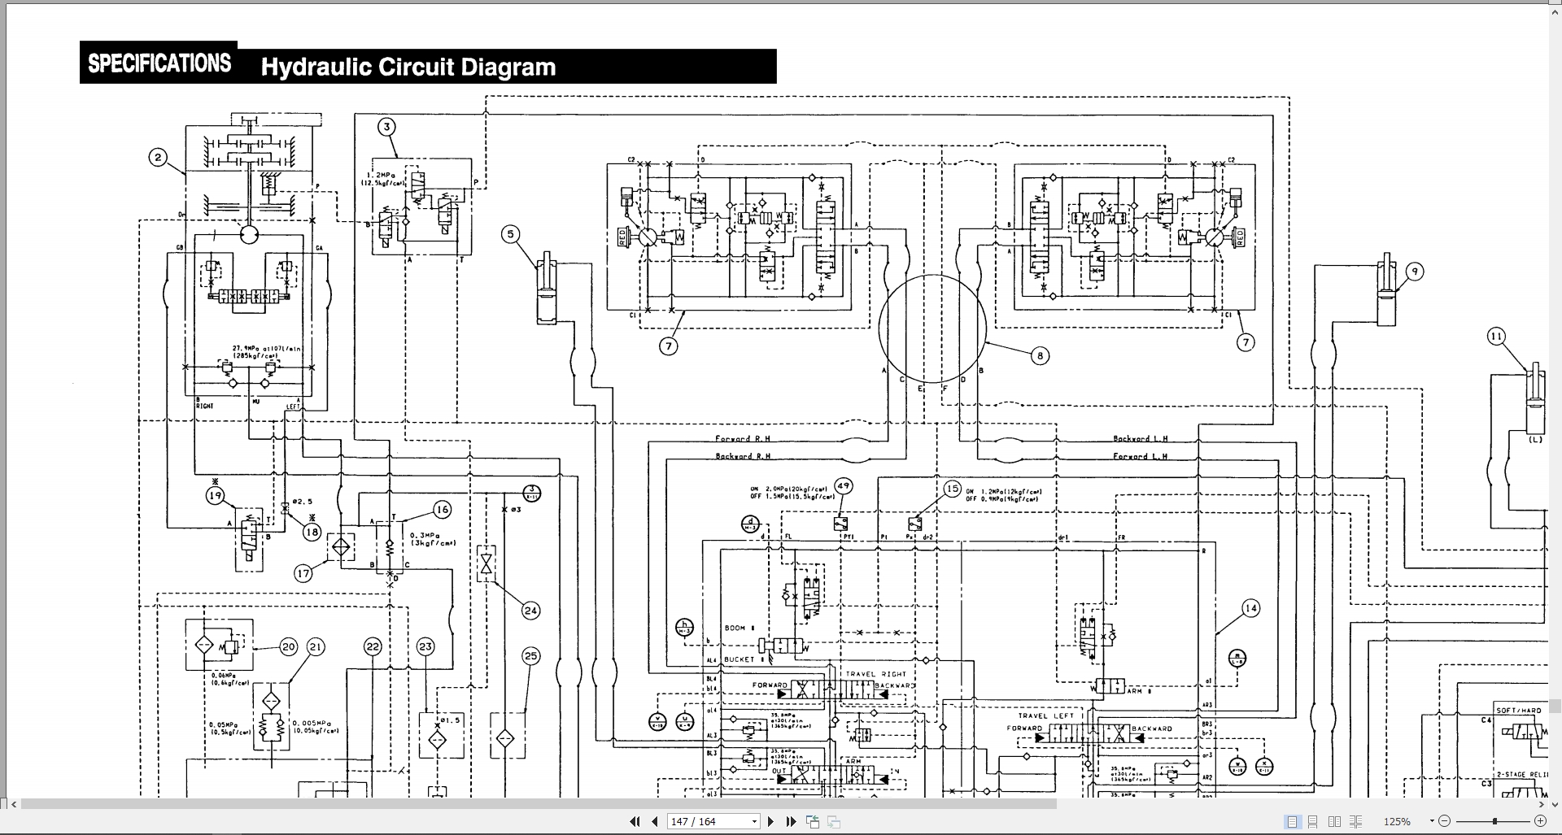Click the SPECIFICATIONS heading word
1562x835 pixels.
(159, 63)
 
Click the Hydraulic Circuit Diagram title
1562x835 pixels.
(408, 67)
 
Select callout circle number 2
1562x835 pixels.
(159, 158)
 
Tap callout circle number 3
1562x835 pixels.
(387, 127)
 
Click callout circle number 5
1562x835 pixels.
(511, 235)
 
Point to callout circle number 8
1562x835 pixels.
(1039, 355)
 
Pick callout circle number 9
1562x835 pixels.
(1415, 272)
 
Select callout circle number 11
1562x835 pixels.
(1496, 337)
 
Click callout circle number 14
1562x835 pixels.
(1250, 608)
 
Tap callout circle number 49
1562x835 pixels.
(844, 486)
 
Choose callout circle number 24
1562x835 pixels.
(530, 611)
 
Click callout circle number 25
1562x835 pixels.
(530, 656)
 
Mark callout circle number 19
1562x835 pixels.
(215, 495)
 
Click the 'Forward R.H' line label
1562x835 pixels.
(742, 439)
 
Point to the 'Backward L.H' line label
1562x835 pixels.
(1141, 439)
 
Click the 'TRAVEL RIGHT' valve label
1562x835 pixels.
(875, 674)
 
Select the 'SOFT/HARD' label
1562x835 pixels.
(1518, 711)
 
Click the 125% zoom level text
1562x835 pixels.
(1397, 822)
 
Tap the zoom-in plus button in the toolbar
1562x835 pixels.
(1540, 822)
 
